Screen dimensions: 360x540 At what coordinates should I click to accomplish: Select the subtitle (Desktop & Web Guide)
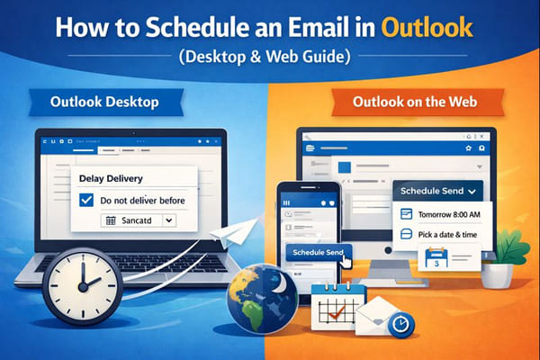coord(270,57)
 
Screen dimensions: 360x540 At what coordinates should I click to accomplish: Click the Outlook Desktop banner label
coord(100,102)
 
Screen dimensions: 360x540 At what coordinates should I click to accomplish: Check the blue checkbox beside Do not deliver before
coord(87,199)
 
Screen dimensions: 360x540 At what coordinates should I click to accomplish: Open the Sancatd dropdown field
coord(140,220)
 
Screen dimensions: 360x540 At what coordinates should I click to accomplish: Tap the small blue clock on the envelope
coord(400,321)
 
